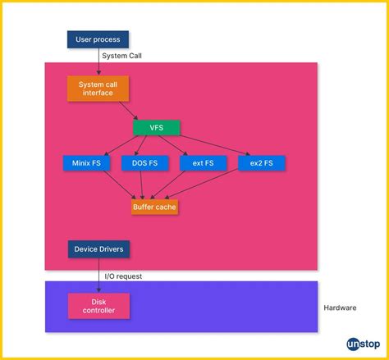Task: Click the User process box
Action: pyautogui.click(x=98, y=39)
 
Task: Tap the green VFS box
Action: pyautogui.click(x=156, y=128)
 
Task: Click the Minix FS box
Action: pyautogui.click(x=86, y=163)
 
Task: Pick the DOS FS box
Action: pyautogui.click(x=144, y=163)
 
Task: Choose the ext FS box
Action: pyautogui.click(x=203, y=163)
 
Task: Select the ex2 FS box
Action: pyautogui.click(x=262, y=163)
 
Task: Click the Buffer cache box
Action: pyautogui.click(x=154, y=207)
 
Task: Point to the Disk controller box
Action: pyautogui.click(x=98, y=306)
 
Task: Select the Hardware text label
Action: pyautogui.click(x=340, y=308)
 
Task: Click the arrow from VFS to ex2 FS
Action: pyautogui.click(x=210, y=144)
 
